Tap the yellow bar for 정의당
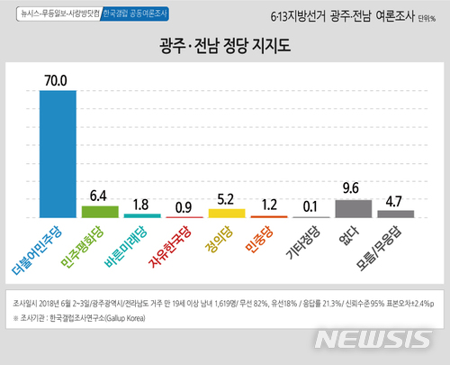221,214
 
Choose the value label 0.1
306,207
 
